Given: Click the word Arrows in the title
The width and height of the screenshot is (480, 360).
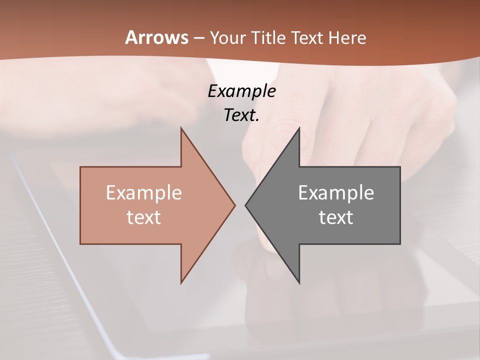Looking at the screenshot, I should pos(156,37).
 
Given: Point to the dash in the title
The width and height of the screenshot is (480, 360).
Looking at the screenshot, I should pos(198,38).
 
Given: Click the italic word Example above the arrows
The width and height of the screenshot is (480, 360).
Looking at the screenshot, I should pos(241,91).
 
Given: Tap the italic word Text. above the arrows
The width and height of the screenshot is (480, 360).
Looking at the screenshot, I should pos(241,115).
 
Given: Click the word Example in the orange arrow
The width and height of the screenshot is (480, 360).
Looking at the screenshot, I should pos(144,193).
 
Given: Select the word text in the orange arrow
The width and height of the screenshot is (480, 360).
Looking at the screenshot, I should pos(144,217).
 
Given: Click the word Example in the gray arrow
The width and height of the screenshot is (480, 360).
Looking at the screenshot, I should pos(336,193).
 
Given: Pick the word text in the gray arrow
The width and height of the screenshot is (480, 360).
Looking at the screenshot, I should pos(336,217).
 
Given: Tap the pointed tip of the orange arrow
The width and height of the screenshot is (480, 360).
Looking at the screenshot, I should pos(235,205).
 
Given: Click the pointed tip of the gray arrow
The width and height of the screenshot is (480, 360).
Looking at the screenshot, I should pos(245,205).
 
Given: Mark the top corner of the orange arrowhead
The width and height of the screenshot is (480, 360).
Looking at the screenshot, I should pos(181,128).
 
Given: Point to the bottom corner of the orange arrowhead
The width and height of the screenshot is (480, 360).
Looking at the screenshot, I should pos(181,283).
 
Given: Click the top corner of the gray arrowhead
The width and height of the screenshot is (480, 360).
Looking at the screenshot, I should pos(299,128).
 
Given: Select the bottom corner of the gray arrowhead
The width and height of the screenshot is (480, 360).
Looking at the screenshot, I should pos(299,283).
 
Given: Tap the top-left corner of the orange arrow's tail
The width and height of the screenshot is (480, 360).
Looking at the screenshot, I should pos(80,167).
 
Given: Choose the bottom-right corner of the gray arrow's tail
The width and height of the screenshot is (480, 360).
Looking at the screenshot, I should pos(400,244).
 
